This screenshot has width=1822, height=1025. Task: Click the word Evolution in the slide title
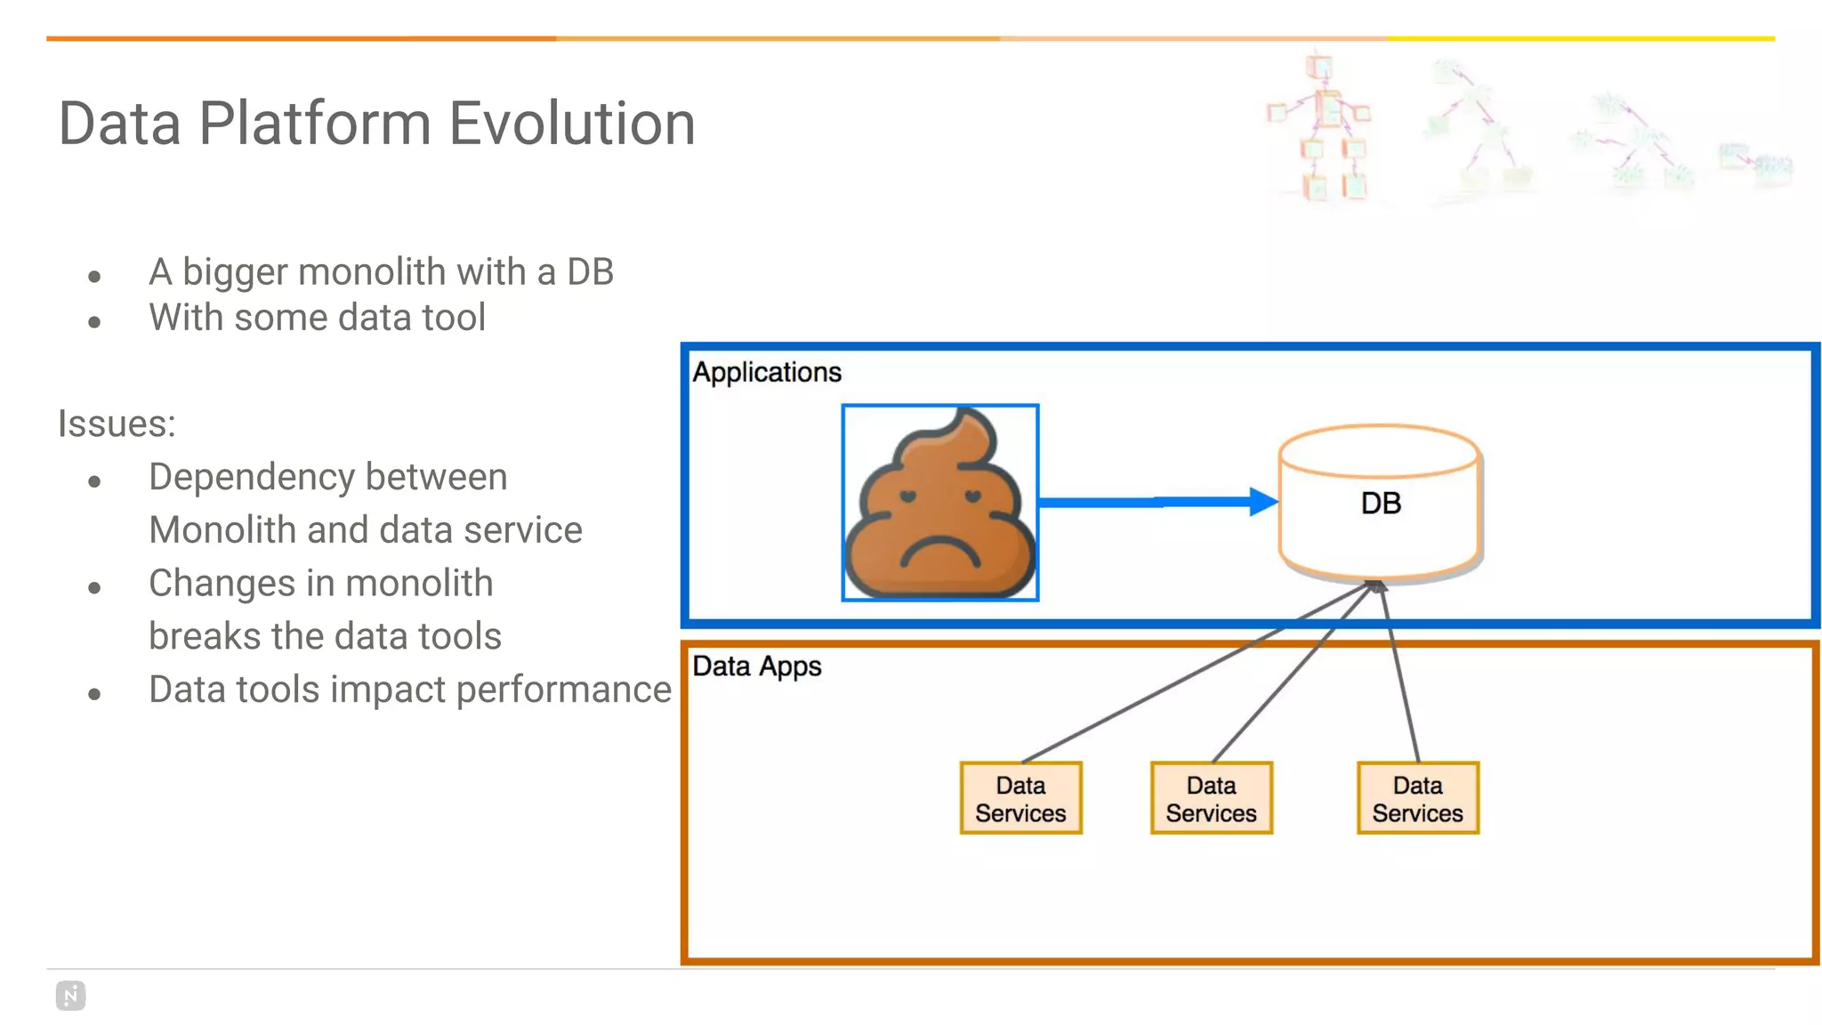coord(571,124)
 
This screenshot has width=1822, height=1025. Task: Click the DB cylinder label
coord(1380,504)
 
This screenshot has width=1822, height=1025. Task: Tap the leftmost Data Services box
coord(1020,798)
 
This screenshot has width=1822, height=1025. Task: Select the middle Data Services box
coord(1211,798)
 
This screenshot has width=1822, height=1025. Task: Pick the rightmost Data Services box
coord(1417,798)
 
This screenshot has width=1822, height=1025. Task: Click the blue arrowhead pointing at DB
coord(1263,502)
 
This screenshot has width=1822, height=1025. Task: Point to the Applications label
coord(767,372)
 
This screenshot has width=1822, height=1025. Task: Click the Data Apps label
coord(757,666)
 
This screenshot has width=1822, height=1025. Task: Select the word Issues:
coord(117,424)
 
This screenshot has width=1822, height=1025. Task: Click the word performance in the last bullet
coord(563,690)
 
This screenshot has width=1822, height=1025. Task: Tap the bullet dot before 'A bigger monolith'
coord(95,277)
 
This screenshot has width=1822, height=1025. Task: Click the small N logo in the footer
coord(70,995)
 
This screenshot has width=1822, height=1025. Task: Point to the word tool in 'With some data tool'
coord(454,318)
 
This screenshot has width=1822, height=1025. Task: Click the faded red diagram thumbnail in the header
coord(1321,129)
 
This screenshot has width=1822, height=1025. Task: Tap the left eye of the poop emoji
coord(907,496)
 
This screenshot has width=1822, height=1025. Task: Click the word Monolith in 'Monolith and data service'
coord(222,530)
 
